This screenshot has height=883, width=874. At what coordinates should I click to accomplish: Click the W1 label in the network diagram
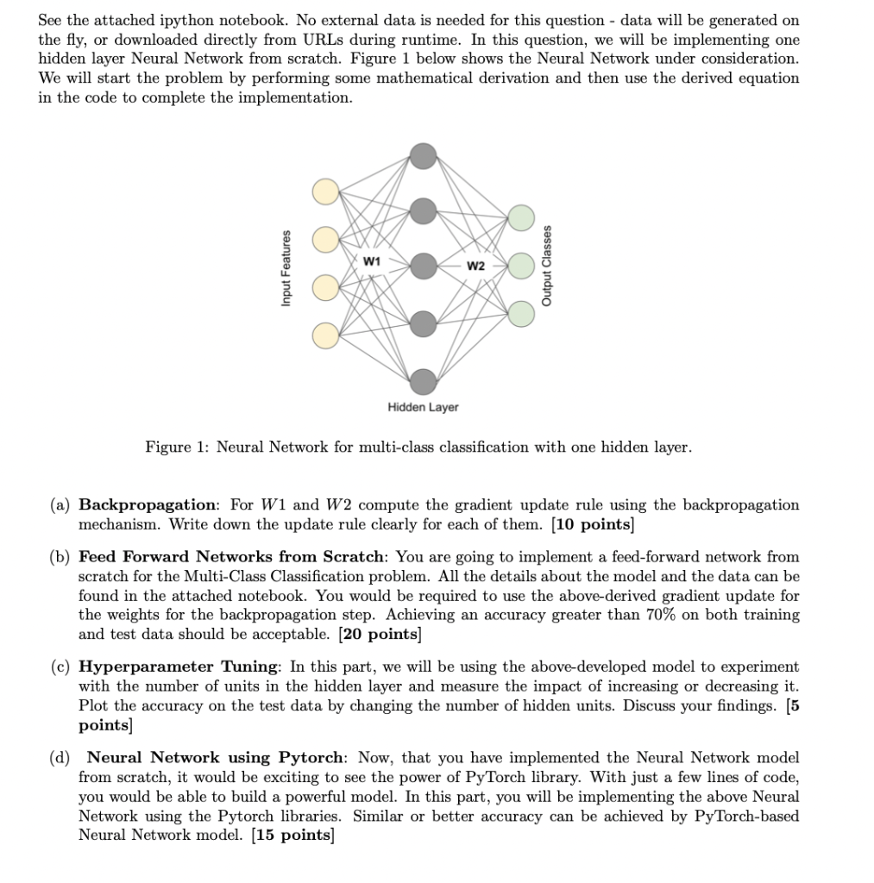[370, 260]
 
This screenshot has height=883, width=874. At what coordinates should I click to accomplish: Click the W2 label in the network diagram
[475, 266]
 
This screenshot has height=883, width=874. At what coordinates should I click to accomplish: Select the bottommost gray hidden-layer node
[423, 380]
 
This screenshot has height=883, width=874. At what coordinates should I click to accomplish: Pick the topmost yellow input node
[326, 191]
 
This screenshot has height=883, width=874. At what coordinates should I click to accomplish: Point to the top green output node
[521, 217]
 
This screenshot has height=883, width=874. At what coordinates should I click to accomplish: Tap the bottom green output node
[521, 311]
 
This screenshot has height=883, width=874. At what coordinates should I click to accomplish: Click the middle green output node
[521, 265]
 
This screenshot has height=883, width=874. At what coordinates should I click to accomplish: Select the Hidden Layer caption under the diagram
[423, 407]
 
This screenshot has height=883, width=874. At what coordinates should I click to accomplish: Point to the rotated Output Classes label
[546, 265]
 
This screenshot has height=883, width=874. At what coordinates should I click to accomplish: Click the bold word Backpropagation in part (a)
[147, 504]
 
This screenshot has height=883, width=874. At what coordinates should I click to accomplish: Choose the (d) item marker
[60, 757]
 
